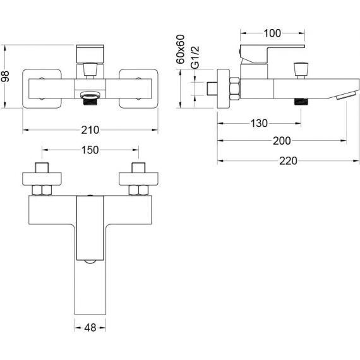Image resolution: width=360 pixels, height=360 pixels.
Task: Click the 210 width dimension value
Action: (90, 130)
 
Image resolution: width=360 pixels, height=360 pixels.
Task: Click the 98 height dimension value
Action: (5, 76)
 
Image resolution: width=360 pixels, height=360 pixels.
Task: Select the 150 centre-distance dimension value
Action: (90, 150)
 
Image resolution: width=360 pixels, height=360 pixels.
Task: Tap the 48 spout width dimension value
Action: (90, 328)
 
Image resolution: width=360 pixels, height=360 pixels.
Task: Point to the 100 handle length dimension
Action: (272, 33)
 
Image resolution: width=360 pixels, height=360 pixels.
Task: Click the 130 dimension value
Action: (259, 123)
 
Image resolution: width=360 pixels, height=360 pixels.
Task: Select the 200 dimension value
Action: (282, 140)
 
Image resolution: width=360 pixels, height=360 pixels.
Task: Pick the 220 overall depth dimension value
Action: (288, 160)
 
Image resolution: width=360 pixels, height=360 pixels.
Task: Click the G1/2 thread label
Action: (195, 57)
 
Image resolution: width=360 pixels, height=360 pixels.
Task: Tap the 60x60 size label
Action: (180, 49)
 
